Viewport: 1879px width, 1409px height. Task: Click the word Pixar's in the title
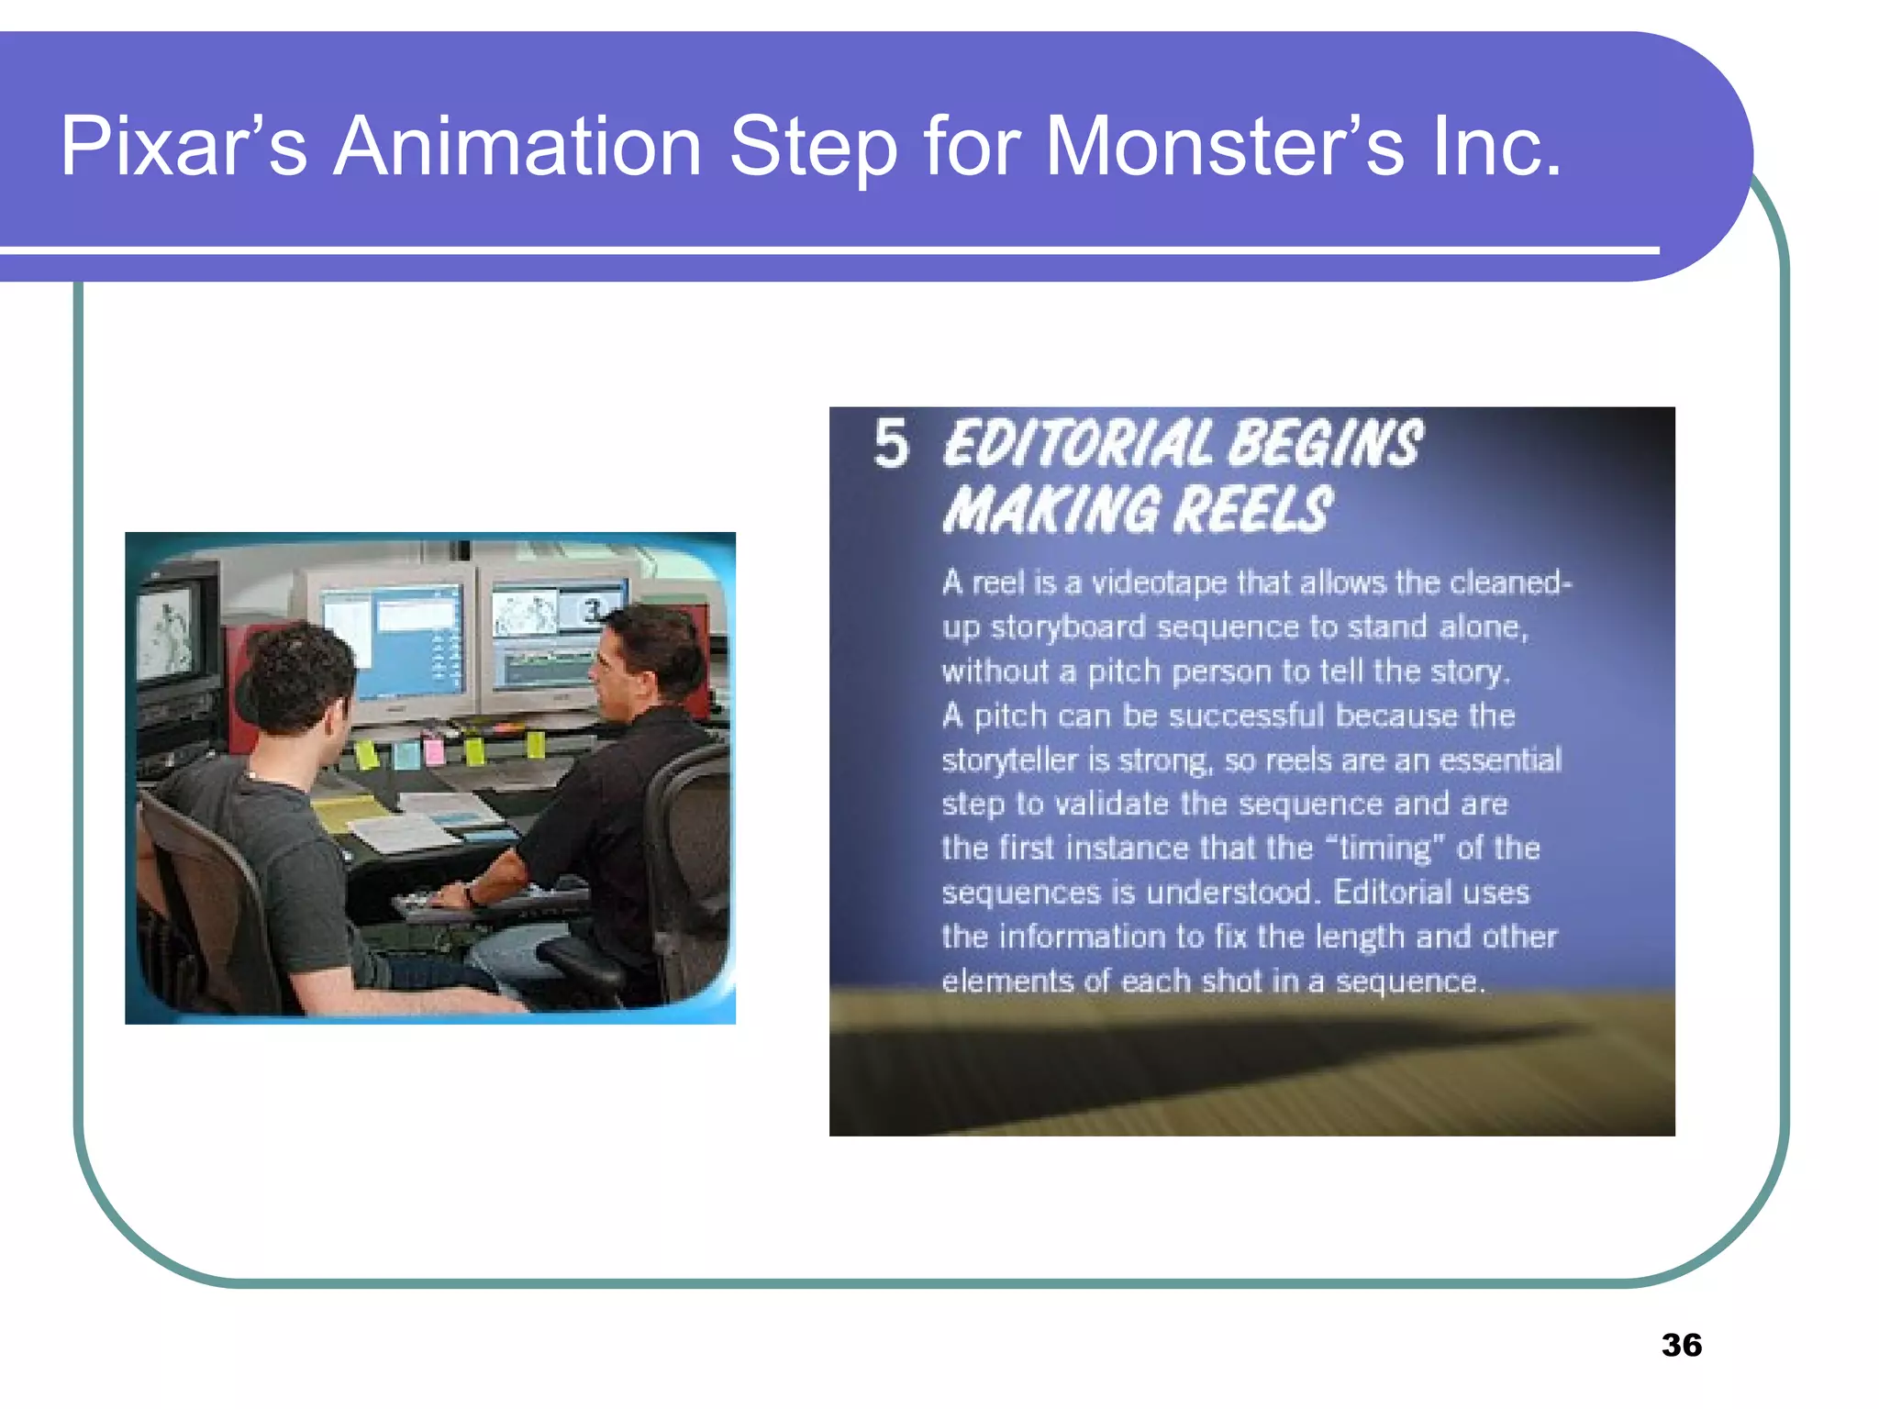(x=183, y=147)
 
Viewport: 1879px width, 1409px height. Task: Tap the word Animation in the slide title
(x=517, y=147)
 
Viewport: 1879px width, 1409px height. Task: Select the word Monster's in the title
(x=1224, y=147)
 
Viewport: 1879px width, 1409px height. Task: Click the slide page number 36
(x=1681, y=1345)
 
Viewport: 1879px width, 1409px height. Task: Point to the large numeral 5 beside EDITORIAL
(x=891, y=444)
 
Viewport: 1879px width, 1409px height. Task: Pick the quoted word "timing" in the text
(x=1384, y=848)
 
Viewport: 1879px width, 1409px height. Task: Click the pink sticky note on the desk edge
(x=434, y=752)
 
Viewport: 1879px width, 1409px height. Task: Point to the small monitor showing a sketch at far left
(x=171, y=628)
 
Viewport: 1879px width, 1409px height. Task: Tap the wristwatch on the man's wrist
(x=471, y=894)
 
